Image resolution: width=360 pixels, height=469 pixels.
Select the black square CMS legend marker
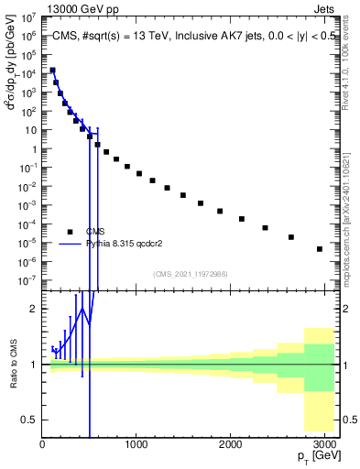pos(70,231)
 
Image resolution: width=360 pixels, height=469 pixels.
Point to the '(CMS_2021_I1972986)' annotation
pos(190,273)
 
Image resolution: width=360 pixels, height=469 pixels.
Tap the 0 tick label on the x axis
pos(42,444)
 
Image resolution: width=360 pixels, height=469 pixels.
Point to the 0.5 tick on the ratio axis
pos(29,420)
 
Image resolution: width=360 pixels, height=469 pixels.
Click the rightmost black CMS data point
pos(319,248)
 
